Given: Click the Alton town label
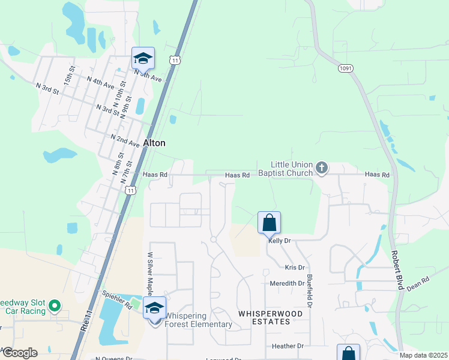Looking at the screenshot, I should point(154,143).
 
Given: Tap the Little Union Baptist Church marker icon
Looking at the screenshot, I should point(322,168).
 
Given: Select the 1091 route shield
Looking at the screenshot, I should point(345,68).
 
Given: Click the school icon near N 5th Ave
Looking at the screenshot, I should point(143,58).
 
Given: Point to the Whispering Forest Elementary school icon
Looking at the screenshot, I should point(155,308).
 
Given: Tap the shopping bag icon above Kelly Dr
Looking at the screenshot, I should point(269,223).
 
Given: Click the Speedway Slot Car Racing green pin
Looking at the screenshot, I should point(55,307).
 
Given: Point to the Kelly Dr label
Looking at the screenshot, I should point(280,240).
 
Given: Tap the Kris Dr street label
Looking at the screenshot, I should point(295,267).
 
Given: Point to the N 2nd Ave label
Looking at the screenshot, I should point(125,139).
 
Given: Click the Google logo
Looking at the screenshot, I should point(19,353).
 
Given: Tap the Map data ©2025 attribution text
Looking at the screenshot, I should point(423,355).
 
